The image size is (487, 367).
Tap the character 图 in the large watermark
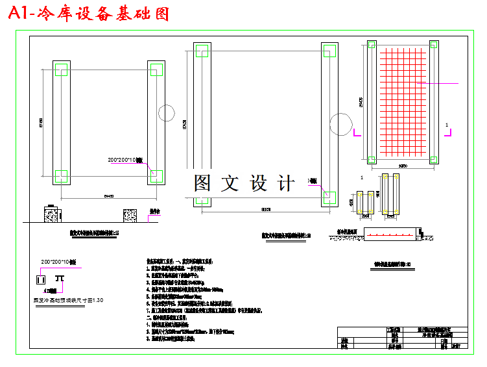(x=203, y=183)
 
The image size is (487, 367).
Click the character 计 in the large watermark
(x=286, y=183)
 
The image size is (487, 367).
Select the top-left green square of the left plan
(x=61, y=70)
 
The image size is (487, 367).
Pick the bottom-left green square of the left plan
(x=61, y=175)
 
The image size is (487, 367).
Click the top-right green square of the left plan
(x=156, y=70)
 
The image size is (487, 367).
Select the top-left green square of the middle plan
(x=200, y=51)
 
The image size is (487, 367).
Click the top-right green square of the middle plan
(x=329, y=51)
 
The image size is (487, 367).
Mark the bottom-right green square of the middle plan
(x=329, y=195)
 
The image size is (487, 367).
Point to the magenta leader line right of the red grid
(x=441, y=83)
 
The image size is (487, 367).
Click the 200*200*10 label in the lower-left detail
(x=59, y=262)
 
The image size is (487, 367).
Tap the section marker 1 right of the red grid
(x=446, y=123)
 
